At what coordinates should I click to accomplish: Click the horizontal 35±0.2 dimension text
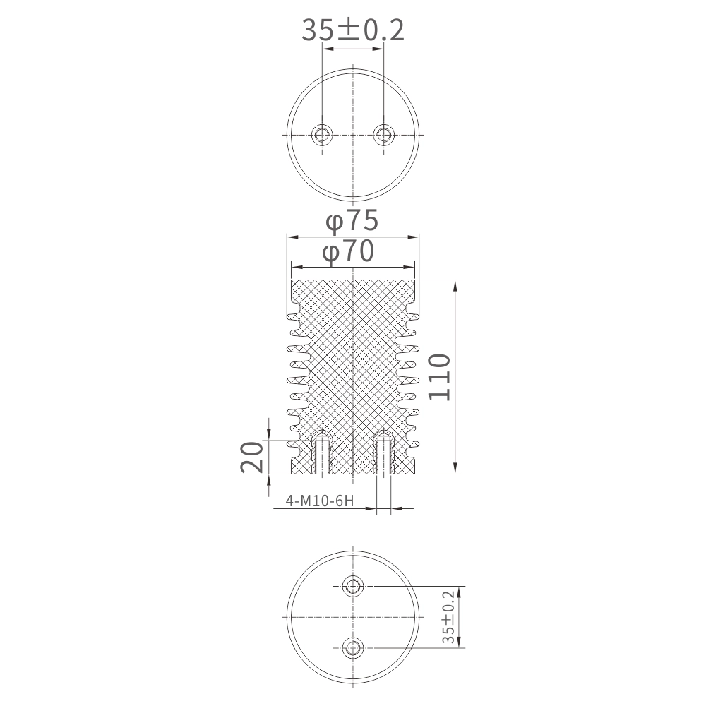click(x=352, y=30)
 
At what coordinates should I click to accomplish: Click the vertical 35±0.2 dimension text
click(x=448, y=618)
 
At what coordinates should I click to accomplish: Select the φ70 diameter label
click(x=349, y=251)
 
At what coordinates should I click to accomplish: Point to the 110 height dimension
click(x=439, y=377)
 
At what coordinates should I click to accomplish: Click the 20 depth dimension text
click(x=252, y=457)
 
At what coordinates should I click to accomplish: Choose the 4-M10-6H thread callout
click(x=320, y=501)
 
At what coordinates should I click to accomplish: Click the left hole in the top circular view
click(x=322, y=135)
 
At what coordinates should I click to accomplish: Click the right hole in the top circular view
click(x=383, y=135)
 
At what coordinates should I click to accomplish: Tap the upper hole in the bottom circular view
click(x=352, y=586)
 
